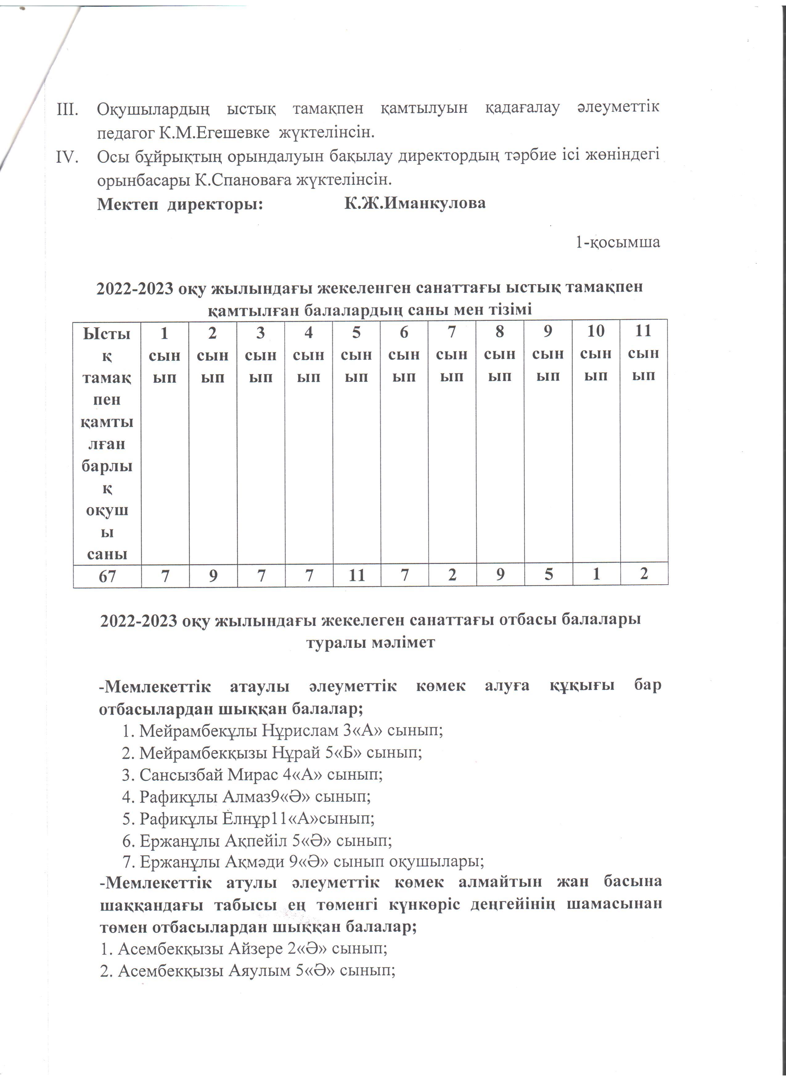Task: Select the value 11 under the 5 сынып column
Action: click(x=357, y=575)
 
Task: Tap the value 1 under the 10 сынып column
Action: click(x=596, y=574)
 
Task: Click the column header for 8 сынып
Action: click(x=500, y=354)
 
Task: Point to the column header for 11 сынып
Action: click(x=644, y=353)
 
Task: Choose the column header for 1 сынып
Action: click(x=165, y=355)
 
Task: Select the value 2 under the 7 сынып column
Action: click(x=452, y=575)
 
